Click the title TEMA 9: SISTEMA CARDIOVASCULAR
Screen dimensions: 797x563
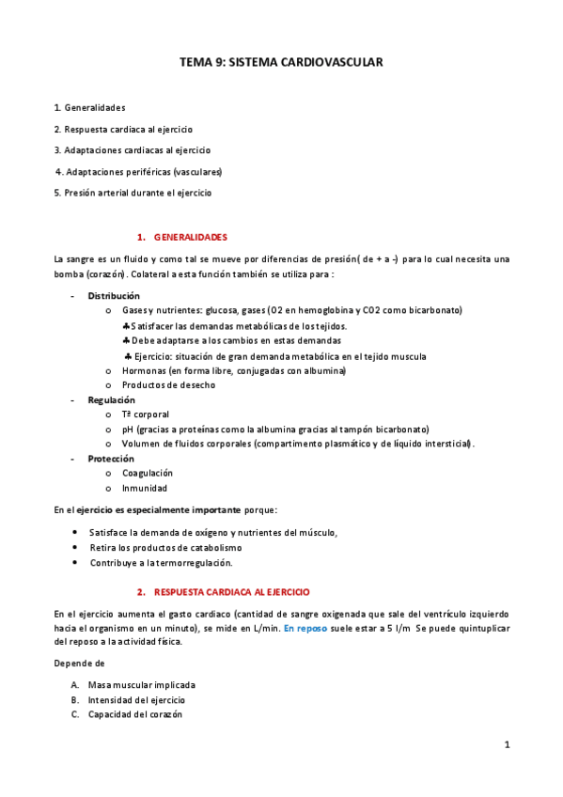(x=281, y=61)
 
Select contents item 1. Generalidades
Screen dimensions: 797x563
(x=89, y=107)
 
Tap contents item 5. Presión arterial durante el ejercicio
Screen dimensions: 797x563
(x=133, y=193)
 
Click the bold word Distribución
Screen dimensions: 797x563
(x=114, y=296)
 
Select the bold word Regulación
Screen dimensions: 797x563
(x=112, y=399)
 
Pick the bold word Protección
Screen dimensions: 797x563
(x=110, y=459)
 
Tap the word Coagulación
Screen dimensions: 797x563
(x=147, y=474)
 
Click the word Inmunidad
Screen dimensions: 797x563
(x=144, y=489)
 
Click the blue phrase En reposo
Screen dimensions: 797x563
(x=305, y=628)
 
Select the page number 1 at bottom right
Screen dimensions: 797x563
(x=507, y=745)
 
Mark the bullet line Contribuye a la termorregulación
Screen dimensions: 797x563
(x=161, y=563)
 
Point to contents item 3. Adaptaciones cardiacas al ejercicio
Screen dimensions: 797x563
(x=132, y=150)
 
